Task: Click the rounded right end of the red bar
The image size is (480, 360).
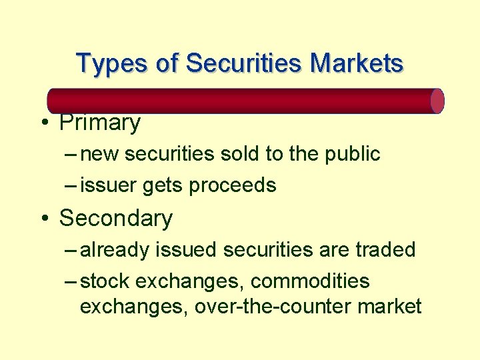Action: click(x=437, y=101)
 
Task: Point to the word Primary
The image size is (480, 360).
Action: click(x=100, y=123)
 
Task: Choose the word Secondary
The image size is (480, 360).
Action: click(x=116, y=218)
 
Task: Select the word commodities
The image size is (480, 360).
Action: click(x=310, y=281)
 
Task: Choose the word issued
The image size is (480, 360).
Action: click(x=187, y=250)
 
